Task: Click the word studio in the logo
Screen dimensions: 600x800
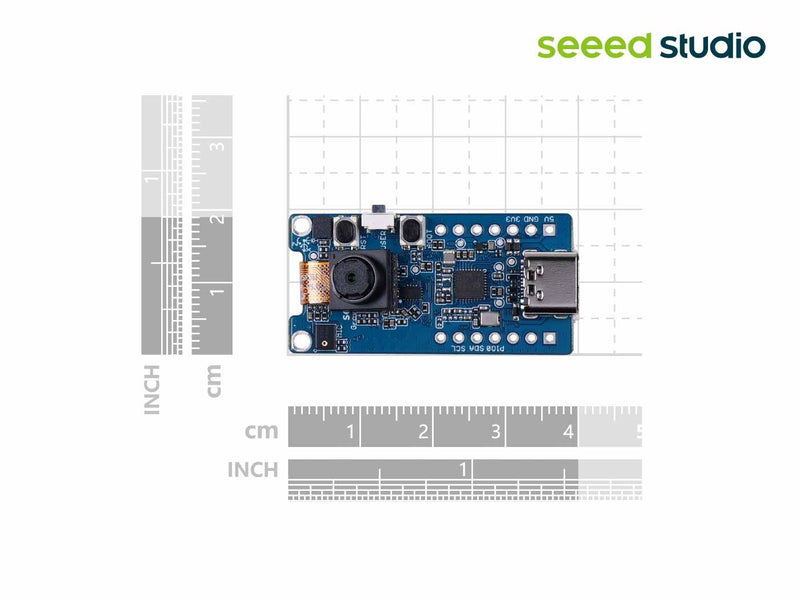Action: [x=712, y=45]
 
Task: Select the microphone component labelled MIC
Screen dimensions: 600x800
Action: [x=328, y=340]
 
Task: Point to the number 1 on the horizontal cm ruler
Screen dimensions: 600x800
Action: [x=350, y=433]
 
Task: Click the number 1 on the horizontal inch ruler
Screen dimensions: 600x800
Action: [x=463, y=469]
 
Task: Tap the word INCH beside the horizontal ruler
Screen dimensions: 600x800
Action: [x=253, y=469]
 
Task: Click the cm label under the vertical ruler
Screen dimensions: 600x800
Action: [x=213, y=380]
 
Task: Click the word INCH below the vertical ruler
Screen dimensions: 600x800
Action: [x=152, y=389]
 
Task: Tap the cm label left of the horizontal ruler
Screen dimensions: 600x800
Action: [x=261, y=432]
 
